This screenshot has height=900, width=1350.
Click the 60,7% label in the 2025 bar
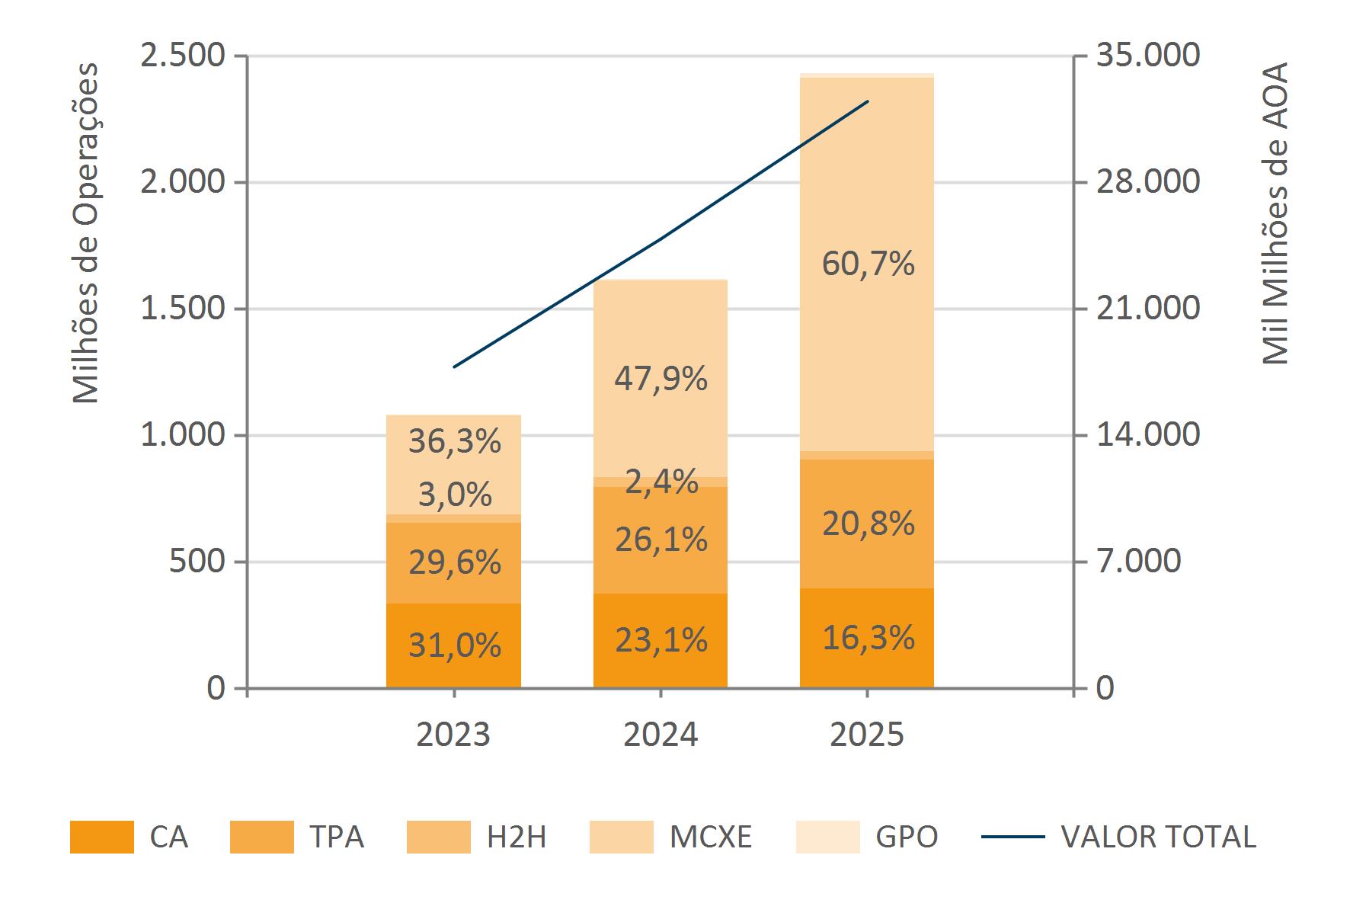[868, 264]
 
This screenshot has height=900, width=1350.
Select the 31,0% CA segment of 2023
[454, 645]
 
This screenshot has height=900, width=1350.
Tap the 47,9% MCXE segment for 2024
[661, 378]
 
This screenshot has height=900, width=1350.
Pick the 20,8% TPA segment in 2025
[868, 524]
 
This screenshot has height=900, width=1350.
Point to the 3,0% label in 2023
[454, 495]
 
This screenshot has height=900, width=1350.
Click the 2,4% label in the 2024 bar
[661, 482]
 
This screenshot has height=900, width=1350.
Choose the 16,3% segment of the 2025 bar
[868, 637]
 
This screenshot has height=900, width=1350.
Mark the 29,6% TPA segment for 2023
[454, 562]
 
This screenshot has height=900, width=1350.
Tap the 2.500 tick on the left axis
[183, 56]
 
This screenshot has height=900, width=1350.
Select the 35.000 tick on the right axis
[1147, 56]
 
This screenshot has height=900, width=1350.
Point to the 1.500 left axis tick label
[183, 309]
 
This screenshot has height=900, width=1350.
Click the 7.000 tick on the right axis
[1138, 562]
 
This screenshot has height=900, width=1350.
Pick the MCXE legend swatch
[621, 837]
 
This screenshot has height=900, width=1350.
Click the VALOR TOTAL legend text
[1158, 837]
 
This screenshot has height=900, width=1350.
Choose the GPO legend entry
[907, 837]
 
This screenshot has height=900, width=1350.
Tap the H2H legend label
[517, 837]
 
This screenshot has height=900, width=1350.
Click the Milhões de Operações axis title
[86, 232]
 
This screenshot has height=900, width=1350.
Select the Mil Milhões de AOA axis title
[1274, 213]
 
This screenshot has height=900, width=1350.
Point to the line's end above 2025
[868, 101]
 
